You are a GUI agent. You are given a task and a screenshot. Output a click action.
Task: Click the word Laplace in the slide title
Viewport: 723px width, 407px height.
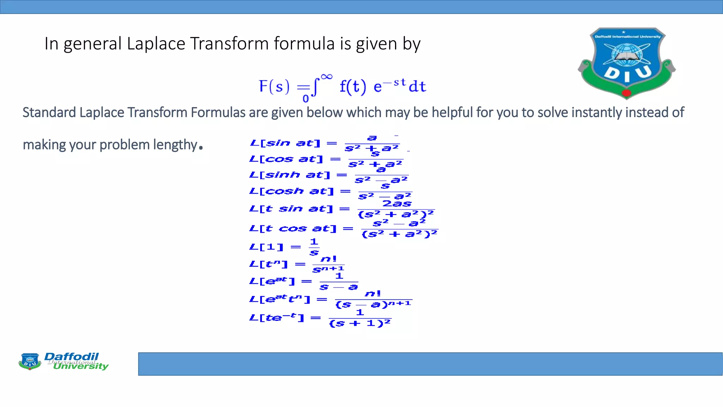tap(156, 44)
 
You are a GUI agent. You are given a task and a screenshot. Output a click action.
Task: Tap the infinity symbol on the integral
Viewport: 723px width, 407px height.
tap(327, 77)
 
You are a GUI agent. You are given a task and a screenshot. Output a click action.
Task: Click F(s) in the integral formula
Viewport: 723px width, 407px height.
tap(274, 86)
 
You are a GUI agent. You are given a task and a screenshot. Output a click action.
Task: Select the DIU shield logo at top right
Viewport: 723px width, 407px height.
tap(627, 63)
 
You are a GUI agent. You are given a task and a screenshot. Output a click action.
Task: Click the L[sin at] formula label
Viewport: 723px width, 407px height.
tap(285, 143)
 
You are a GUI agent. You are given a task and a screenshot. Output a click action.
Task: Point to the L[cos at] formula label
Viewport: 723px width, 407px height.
tap(286, 159)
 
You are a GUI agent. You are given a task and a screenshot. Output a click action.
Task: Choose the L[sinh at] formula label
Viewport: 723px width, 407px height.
tap(289, 175)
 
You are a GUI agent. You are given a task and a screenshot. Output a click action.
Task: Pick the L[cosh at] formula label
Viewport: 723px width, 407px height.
tap(291, 191)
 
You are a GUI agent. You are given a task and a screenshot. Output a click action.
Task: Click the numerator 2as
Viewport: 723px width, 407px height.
tap(397, 203)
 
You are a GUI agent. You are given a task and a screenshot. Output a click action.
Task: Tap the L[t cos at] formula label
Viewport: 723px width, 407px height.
tap(293, 229)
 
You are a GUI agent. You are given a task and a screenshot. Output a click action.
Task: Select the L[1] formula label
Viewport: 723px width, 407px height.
tap(266, 247)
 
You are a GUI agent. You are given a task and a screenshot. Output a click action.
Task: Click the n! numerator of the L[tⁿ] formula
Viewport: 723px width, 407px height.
tap(329, 259)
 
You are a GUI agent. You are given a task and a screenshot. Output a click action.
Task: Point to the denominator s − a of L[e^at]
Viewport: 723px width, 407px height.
tap(339, 287)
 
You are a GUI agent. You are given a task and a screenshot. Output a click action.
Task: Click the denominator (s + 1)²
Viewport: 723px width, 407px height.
tap(360, 323)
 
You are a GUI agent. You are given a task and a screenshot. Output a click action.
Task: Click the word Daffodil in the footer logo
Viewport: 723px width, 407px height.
tap(72, 356)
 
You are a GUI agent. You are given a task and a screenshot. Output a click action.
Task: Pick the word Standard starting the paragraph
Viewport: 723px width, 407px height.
tap(49, 113)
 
